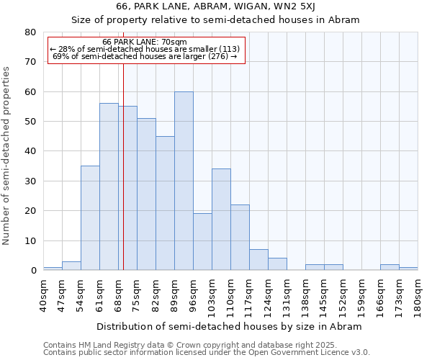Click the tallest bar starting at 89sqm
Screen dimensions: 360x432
tap(184, 181)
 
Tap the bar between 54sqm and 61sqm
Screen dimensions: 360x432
tap(90, 218)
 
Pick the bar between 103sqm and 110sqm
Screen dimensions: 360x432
tap(221, 220)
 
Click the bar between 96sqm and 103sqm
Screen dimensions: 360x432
tap(202, 242)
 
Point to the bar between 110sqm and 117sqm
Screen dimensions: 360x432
tap(240, 238)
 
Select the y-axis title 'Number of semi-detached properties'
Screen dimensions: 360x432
tap(6, 155)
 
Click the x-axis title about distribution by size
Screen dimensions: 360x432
tap(230, 326)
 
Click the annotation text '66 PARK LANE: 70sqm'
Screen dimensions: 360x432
tap(145, 42)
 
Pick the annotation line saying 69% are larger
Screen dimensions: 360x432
tap(145, 56)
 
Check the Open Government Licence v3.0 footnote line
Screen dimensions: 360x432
tap(207, 353)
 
